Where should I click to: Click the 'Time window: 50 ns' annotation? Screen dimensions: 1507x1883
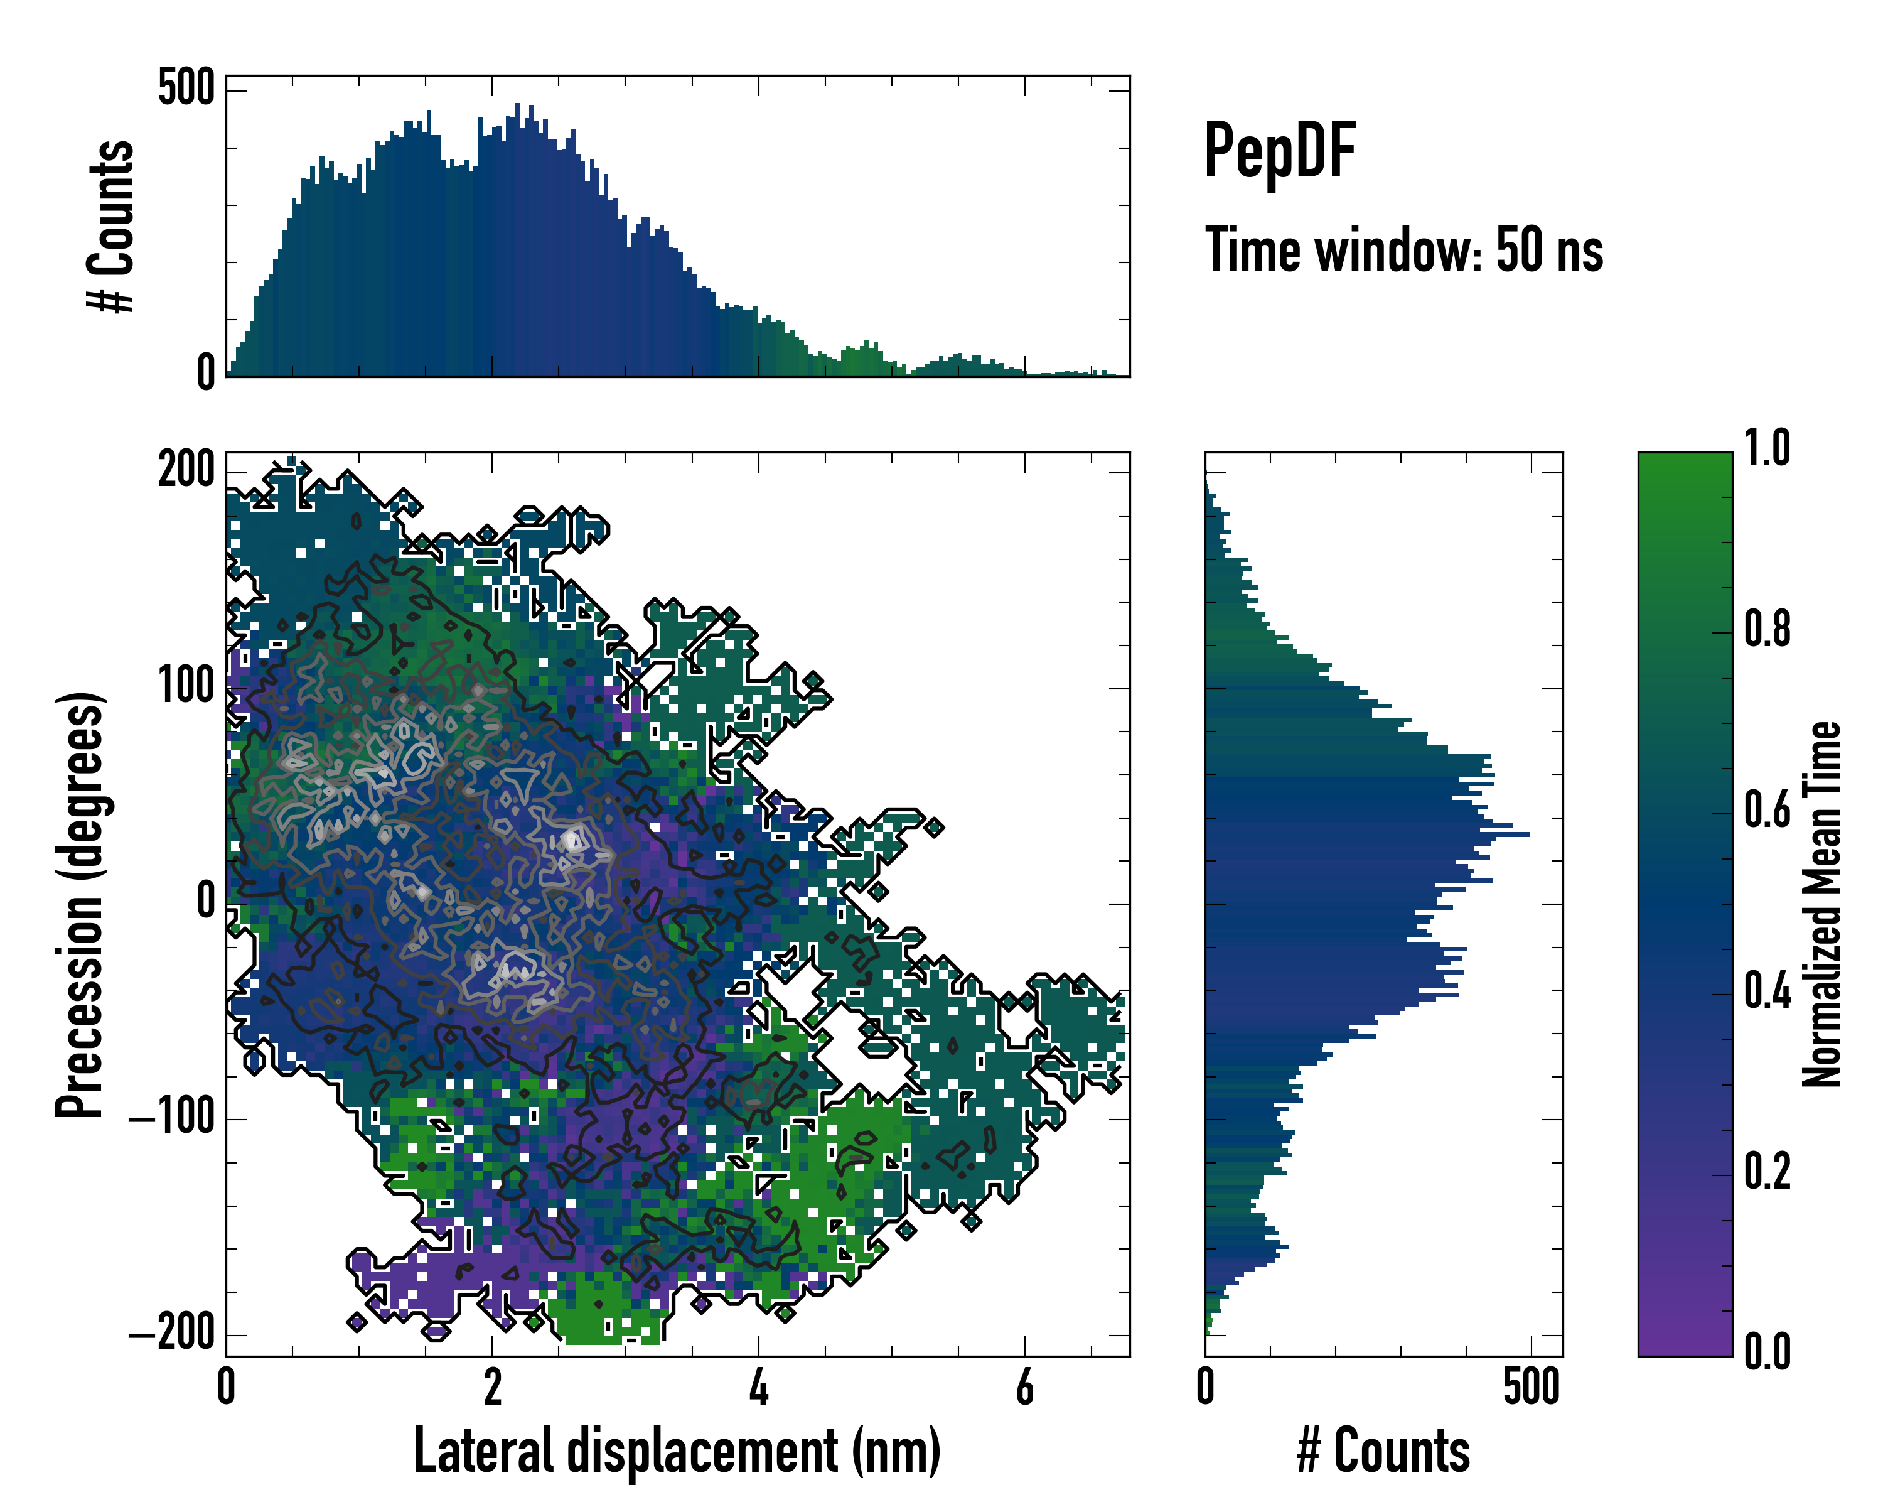click(1403, 250)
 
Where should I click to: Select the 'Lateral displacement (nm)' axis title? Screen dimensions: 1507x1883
click(677, 1451)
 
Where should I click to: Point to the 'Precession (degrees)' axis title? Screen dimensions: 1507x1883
click(80, 904)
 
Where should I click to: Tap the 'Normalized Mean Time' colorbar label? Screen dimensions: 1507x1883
click(1821, 904)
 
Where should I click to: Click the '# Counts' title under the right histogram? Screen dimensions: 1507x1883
click(1383, 1451)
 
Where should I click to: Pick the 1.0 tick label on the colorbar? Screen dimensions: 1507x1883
click(1767, 448)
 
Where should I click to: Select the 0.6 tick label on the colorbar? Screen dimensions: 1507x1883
click(1767, 810)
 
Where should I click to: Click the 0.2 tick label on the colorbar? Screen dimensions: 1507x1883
click(1767, 1172)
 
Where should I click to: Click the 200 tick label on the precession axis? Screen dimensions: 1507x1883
click(186, 471)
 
